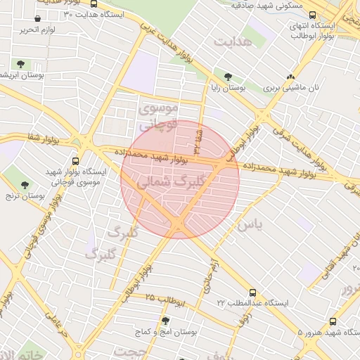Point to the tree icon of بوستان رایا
click(228, 77)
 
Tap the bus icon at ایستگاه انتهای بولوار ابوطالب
click(313, 15)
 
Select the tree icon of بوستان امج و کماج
click(166, 321)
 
